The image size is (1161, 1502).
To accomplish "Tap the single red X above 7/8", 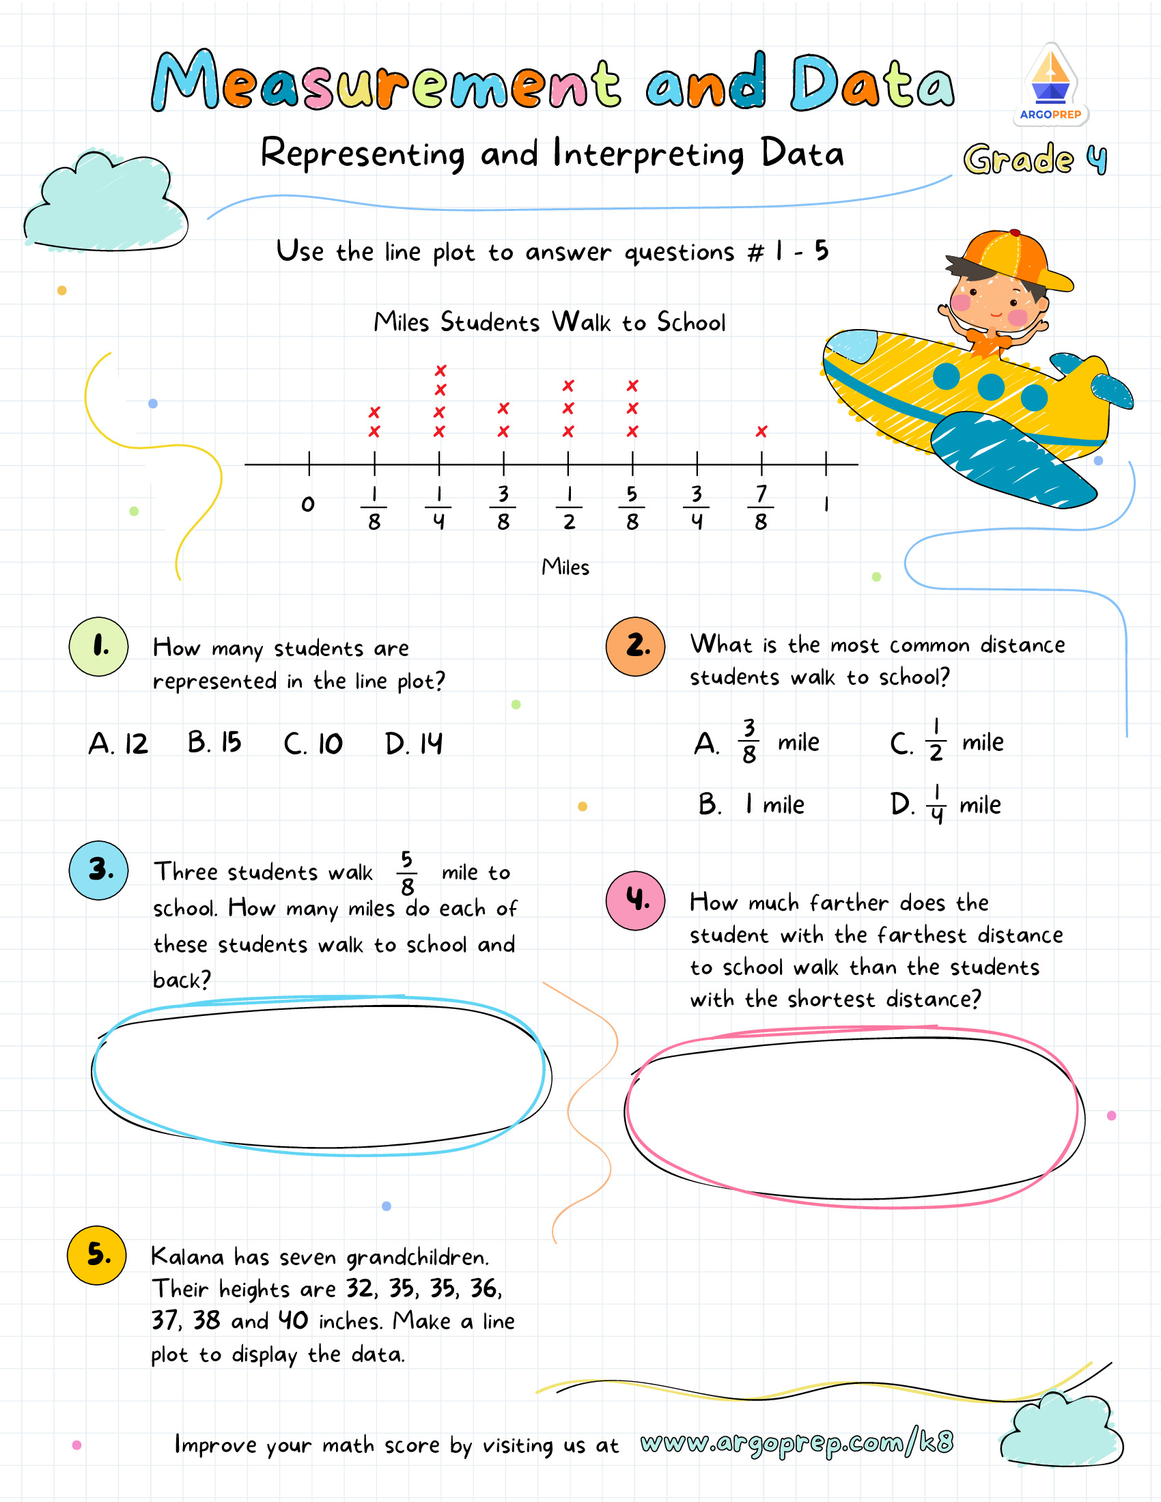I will pos(761,431).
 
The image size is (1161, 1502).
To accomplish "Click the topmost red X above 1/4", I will pos(440,371).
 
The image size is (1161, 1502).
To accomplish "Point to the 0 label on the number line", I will pos(308,504).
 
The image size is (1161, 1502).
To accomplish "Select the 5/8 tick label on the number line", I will pos(632,507).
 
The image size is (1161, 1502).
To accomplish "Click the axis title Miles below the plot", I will pos(565,567).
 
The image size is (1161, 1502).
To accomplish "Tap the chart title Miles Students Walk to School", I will pos(550,322).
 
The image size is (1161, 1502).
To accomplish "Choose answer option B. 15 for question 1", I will pos(214,743).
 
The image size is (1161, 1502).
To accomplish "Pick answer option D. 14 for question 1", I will pos(413,743).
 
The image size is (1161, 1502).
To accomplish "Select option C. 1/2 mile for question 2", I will pos(947,741).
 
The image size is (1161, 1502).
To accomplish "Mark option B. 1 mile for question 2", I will pos(751,804).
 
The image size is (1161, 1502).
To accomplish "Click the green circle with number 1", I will pos(99,647).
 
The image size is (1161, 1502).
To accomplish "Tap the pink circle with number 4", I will pos(636,901).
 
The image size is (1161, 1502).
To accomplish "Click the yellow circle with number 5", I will pos(97,1255).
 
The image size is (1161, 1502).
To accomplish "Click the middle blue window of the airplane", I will pos(990,386).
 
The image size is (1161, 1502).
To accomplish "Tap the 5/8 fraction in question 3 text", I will pos(407,873).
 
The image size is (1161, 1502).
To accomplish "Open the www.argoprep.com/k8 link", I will pos(796,1442).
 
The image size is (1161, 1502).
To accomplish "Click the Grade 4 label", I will pos(1035,160).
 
